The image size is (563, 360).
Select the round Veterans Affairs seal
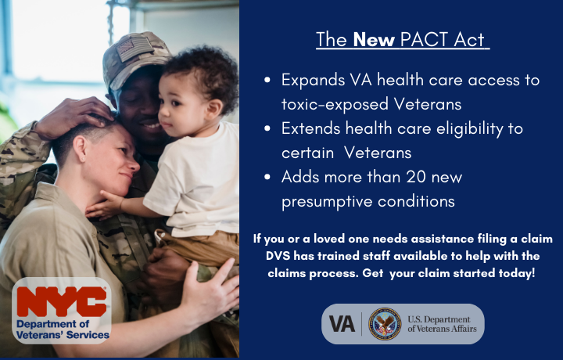point(384,323)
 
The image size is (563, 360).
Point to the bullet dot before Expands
point(268,81)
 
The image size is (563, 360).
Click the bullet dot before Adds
point(268,178)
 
